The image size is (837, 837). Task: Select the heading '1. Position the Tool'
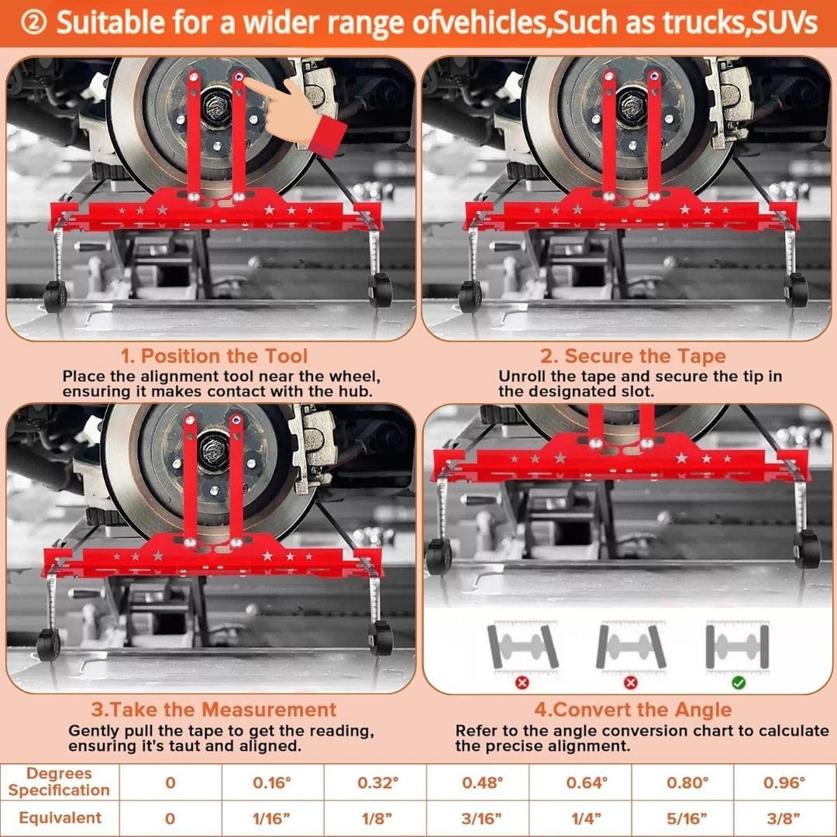tap(215, 356)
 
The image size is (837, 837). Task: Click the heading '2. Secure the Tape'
tap(632, 356)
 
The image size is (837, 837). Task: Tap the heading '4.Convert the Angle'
tap(632, 710)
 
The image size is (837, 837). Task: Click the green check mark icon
tap(738, 682)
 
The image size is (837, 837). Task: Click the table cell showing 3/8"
tap(785, 818)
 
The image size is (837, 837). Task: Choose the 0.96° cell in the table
tap(785, 782)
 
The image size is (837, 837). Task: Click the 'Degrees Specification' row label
tap(60, 782)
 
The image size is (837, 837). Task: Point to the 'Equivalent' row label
tap(60, 818)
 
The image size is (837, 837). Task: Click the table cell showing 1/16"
tap(272, 818)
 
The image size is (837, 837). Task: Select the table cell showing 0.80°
tap(685, 782)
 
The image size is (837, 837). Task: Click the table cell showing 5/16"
tap(685, 818)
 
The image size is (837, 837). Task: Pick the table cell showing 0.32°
tap(376, 782)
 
